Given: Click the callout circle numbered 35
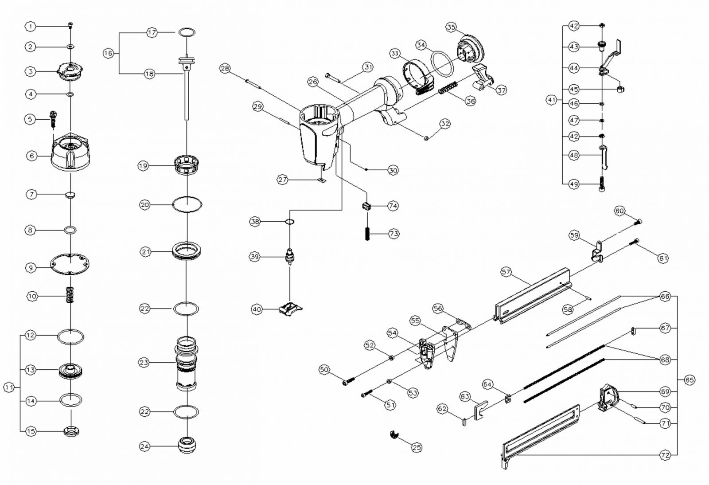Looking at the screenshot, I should (x=451, y=27).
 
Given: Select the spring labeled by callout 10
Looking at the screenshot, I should (x=70, y=295).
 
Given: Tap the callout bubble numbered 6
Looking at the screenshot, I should (x=31, y=156).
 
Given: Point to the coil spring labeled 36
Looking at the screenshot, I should (x=448, y=88).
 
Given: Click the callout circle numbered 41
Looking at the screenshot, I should (x=551, y=100).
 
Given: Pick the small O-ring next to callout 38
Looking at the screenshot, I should (x=289, y=221).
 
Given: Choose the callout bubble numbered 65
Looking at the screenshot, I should (x=690, y=380).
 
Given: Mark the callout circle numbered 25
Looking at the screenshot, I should (x=417, y=448).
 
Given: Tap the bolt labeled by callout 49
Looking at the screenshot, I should (x=602, y=184).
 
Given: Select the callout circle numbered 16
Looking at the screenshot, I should (x=109, y=53).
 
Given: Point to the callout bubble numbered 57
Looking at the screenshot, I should (x=506, y=272).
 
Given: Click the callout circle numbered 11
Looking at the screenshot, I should (x=9, y=387).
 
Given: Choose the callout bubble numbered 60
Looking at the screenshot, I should (x=619, y=211).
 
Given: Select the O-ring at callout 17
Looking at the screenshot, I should (x=187, y=32).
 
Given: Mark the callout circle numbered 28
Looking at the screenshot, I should (x=225, y=68).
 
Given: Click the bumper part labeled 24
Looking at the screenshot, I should (x=187, y=445).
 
